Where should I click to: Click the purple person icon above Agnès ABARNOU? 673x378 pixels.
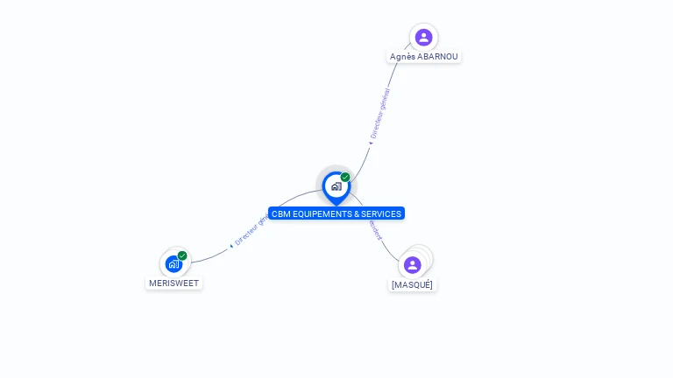coord(424,37)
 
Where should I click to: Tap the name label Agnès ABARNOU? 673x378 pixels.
coord(424,57)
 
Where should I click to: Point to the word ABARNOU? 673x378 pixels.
coord(438,57)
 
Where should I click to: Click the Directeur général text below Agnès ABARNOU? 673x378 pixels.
coord(380,114)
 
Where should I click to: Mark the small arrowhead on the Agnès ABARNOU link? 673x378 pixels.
coord(370,143)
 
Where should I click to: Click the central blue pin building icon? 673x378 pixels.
coord(336,185)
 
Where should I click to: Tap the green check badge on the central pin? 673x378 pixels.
coord(345,177)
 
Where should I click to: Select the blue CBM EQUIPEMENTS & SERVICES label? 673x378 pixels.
coord(336,213)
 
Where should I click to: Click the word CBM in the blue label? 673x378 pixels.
coord(281,213)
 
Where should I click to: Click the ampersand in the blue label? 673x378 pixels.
coord(354,213)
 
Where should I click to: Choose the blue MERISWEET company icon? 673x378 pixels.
coord(174,263)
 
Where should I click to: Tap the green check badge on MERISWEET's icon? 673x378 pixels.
coord(182,255)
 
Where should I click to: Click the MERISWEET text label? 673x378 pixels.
coord(174,283)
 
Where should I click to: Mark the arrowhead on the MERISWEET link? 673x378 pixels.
coord(231,246)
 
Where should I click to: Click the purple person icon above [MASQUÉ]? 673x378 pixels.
coord(413,264)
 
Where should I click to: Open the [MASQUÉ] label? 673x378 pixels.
coord(412,285)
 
